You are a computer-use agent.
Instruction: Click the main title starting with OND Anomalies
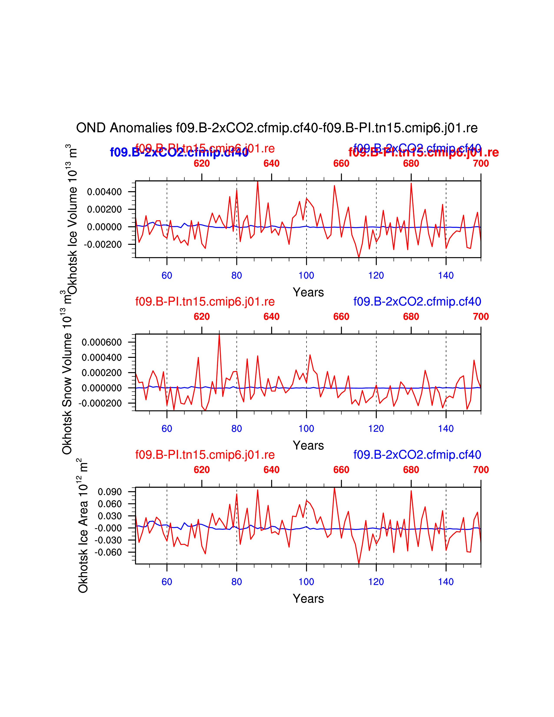(x=277, y=128)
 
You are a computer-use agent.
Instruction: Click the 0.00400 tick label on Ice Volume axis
(x=104, y=192)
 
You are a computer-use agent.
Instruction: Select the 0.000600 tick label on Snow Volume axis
(x=101, y=342)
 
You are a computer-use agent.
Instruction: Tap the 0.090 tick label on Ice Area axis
(x=110, y=492)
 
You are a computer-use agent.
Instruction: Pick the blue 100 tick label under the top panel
(x=306, y=276)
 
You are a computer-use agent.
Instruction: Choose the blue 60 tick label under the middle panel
(x=167, y=428)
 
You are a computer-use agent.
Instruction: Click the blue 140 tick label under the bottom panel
(x=446, y=582)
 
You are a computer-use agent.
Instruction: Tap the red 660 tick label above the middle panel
(x=341, y=317)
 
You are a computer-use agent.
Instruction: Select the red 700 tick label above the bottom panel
(x=481, y=470)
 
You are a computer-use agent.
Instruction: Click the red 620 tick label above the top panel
(x=202, y=163)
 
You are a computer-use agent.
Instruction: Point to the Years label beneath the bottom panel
(x=308, y=599)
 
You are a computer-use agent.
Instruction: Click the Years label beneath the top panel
(x=308, y=292)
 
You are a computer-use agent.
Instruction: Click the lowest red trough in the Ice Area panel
(x=359, y=563)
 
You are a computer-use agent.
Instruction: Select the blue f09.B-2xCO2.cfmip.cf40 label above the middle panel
(x=417, y=301)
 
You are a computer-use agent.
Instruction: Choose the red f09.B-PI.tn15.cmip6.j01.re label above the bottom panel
(x=205, y=455)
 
